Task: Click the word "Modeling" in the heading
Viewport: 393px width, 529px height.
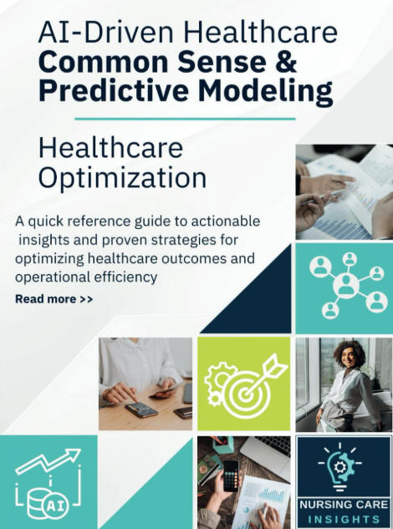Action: pos(265,92)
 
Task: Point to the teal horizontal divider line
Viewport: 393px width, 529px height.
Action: pos(185,119)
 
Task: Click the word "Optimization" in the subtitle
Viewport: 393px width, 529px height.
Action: pos(122,178)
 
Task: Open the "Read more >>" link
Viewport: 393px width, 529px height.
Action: pos(54,299)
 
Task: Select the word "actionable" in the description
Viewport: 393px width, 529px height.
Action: pos(226,221)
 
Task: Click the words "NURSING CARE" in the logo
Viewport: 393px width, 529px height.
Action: pos(344,505)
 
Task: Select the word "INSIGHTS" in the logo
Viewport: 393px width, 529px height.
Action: pos(344,519)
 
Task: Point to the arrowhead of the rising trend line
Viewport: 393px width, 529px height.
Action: pos(73,455)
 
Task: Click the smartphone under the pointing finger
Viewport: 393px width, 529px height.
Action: pos(141,409)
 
